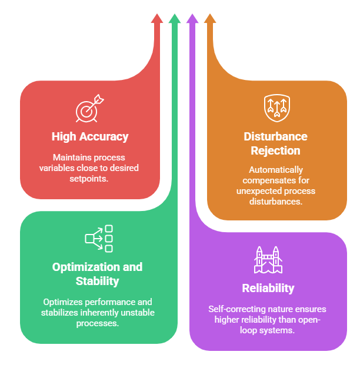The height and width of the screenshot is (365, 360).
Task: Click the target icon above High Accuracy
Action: click(89, 109)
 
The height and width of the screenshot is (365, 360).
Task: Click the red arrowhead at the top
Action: click(157, 18)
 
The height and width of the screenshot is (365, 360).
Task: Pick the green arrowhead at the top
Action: click(174, 18)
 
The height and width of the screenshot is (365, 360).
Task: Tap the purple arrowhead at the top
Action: click(192, 18)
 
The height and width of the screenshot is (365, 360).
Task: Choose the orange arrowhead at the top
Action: click(209, 18)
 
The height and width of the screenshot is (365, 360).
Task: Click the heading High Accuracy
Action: click(90, 137)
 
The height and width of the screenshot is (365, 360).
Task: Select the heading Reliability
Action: click(268, 288)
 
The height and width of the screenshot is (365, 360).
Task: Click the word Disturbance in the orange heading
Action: click(275, 137)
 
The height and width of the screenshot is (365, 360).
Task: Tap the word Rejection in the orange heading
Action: click(275, 150)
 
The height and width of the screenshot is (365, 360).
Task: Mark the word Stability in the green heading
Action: click(98, 281)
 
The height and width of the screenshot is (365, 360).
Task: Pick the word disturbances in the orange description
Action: click(275, 201)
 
